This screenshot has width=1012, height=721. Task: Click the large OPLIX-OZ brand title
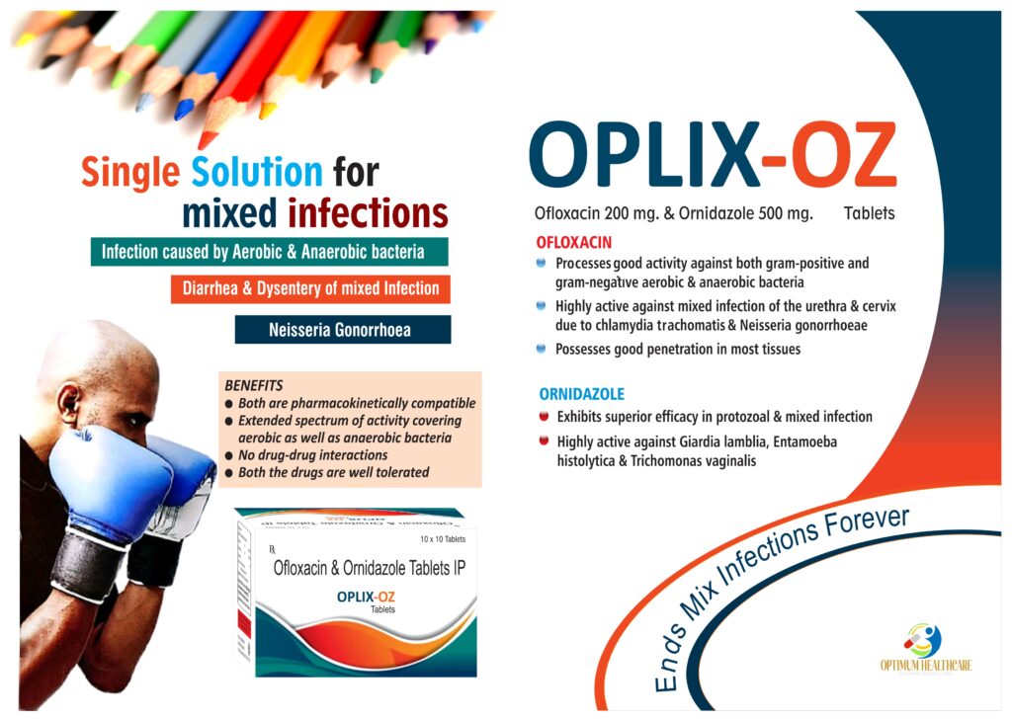click(x=713, y=154)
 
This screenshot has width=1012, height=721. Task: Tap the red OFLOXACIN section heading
click(x=574, y=243)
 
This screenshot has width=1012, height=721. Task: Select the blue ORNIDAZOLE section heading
click(x=581, y=394)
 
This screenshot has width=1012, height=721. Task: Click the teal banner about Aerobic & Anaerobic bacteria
click(x=269, y=252)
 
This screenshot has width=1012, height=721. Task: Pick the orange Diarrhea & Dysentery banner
click(x=310, y=288)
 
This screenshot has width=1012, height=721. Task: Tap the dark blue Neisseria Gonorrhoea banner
click(x=343, y=330)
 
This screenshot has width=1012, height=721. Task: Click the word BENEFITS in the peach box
click(x=254, y=385)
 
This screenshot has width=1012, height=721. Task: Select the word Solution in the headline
click(x=257, y=172)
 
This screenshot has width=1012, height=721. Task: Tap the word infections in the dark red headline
click(x=368, y=212)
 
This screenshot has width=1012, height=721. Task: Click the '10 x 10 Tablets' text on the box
click(x=443, y=539)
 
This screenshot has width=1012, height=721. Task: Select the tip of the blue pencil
click(x=183, y=110)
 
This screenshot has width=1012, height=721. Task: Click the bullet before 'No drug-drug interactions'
click(x=228, y=456)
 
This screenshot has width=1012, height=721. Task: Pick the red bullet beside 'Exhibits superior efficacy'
click(x=545, y=417)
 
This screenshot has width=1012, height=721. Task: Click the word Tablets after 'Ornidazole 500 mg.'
click(x=870, y=213)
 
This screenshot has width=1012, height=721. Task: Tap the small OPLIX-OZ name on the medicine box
click(x=366, y=598)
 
